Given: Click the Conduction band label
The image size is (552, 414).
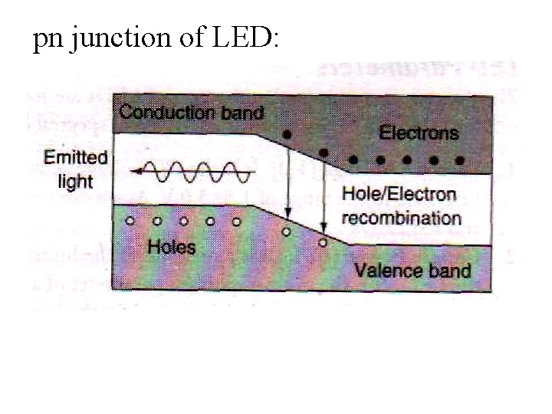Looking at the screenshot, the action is pyautogui.click(x=192, y=112).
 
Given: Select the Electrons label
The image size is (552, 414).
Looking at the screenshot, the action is pyautogui.click(x=419, y=132).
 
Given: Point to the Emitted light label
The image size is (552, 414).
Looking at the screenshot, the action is pyautogui.click(x=75, y=169).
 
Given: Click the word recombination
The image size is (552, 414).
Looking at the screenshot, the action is pyautogui.click(x=400, y=217).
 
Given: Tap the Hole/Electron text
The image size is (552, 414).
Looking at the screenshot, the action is pyautogui.click(x=399, y=195).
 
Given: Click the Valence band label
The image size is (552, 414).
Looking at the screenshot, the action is pyautogui.click(x=412, y=269).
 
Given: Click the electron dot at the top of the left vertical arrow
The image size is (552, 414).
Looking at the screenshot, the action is pyautogui.click(x=287, y=135).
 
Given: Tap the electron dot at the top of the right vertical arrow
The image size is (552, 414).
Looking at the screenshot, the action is pyautogui.click(x=324, y=153).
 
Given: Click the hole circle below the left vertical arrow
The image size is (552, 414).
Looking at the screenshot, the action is pyautogui.click(x=287, y=229).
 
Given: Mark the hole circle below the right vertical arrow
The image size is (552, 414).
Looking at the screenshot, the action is pyautogui.click(x=323, y=242).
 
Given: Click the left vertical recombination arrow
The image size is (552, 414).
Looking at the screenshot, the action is pyautogui.click(x=287, y=180).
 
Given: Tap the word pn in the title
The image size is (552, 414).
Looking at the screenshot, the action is pyautogui.click(x=48, y=40).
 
